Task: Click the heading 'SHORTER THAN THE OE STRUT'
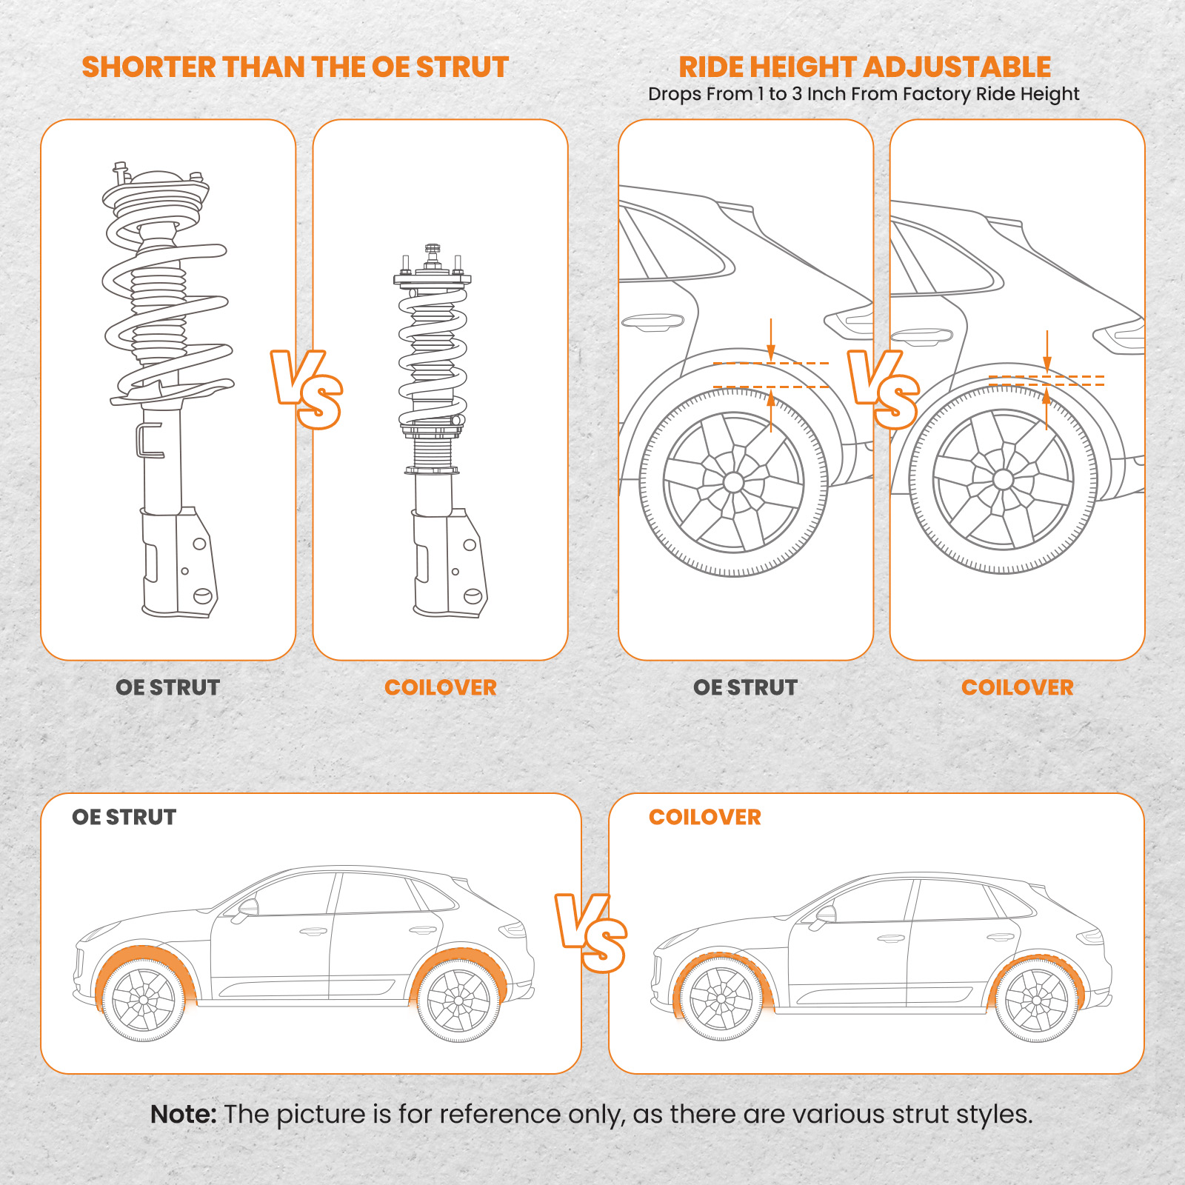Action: tap(295, 67)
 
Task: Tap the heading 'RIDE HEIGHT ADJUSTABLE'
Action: tap(864, 67)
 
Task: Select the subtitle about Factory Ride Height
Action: tap(864, 95)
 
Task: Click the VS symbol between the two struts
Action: tap(306, 390)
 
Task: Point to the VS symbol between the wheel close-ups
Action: tap(883, 390)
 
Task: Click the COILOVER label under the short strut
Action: tap(441, 687)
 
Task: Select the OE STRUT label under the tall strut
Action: tap(168, 687)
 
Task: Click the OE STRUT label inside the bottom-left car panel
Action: tap(124, 817)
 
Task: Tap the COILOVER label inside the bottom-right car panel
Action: tap(705, 817)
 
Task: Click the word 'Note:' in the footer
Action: tap(183, 1115)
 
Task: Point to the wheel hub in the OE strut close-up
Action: tap(733, 482)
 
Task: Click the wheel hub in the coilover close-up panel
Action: tap(1003, 479)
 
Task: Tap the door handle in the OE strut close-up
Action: tap(652, 322)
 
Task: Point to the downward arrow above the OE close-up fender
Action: tap(771, 341)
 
